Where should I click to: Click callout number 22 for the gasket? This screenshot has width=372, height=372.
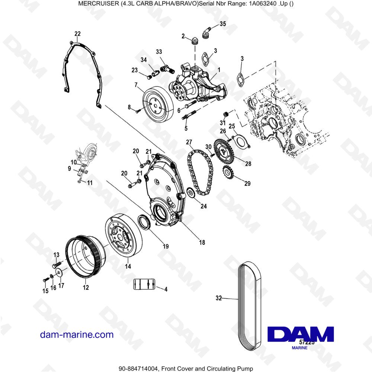77,34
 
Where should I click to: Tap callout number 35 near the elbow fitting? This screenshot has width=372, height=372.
222,24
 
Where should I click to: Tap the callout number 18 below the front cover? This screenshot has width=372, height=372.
202,243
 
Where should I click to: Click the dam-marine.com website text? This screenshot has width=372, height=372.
77,334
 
